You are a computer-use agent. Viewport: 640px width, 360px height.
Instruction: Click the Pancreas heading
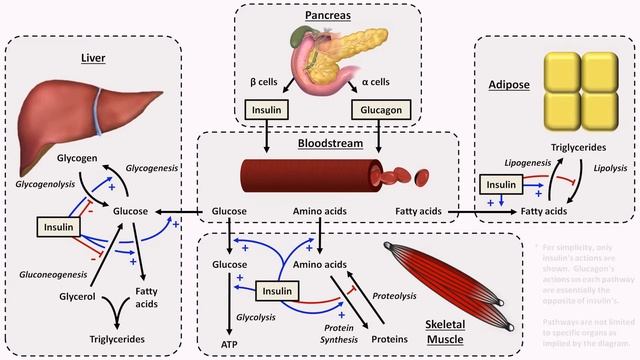click(319, 16)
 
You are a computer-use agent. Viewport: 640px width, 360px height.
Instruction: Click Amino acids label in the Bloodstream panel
click(320, 212)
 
